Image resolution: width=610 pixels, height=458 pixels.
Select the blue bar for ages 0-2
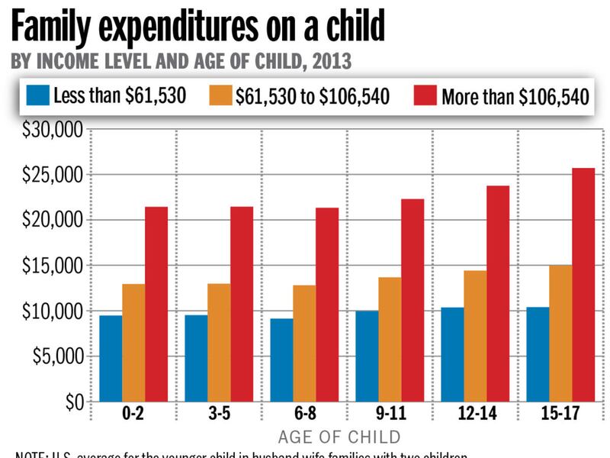click(111, 358)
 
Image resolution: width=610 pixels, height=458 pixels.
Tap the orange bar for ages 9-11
click(390, 339)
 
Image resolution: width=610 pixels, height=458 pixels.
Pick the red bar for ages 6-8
click(327, 305)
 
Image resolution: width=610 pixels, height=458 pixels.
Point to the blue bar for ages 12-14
click(452, 354)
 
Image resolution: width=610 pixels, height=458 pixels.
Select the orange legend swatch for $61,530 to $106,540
click(220, 96)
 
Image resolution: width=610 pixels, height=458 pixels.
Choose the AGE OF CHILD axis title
click(339, 437)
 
